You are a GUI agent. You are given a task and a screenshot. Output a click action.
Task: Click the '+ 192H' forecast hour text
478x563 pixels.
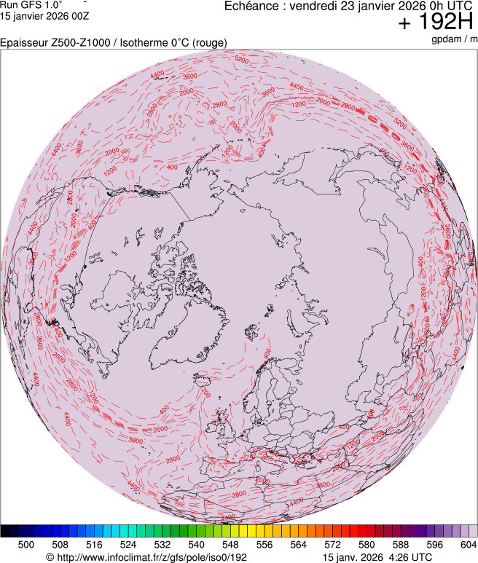point(436,23)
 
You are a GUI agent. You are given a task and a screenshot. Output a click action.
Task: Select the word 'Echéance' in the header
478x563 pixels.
point(252,7)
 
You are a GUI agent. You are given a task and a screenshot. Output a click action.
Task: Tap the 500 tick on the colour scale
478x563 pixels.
point(26,544)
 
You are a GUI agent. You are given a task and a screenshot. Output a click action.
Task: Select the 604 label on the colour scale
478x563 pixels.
point(468,544)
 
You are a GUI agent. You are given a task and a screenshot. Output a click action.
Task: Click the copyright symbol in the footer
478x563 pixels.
point(50,557)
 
